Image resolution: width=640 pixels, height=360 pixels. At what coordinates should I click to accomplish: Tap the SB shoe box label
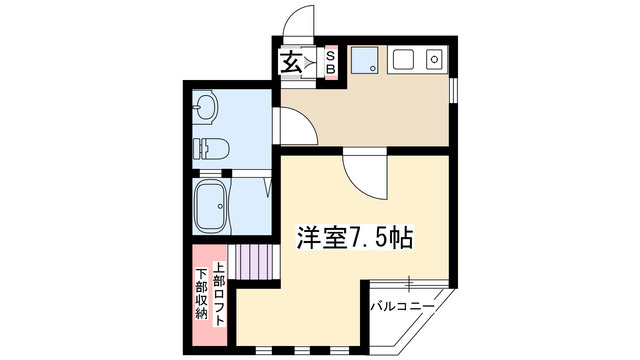(332, 63)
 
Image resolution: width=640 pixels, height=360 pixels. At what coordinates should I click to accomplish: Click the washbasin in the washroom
(207, 107)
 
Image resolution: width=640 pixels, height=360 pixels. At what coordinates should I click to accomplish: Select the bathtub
(213, 205)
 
